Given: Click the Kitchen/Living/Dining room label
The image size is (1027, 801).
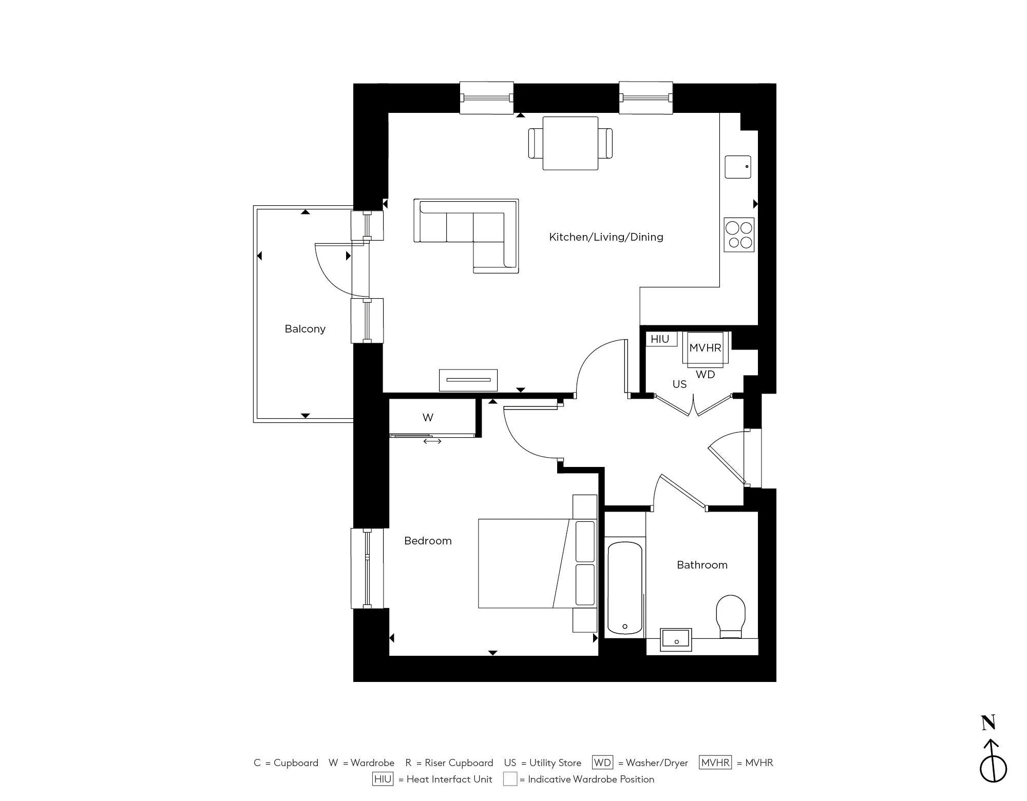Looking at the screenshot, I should point(606,237).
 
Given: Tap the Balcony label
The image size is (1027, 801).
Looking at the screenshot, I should point(305,329).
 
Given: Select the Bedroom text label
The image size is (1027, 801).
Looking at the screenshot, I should point(428,541).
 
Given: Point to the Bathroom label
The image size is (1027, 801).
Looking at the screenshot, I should point(702,565).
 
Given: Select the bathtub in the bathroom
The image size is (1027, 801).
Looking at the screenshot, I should point(624,588).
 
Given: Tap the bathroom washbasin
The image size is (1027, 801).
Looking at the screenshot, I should point(676,639).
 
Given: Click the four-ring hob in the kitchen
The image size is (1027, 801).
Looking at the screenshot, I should point(739,235).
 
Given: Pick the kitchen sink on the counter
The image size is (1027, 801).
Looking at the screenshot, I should point(738,167).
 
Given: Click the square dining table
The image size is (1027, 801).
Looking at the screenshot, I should point(570,143).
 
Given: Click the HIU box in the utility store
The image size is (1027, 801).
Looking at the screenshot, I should point(660,339).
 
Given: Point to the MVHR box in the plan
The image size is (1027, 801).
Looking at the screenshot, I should point(705,348).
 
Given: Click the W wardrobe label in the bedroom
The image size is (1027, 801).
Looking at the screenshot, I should point(428,418).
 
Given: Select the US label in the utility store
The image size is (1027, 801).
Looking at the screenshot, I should point(679,384).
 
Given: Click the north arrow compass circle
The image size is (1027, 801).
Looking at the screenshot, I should point(993,769).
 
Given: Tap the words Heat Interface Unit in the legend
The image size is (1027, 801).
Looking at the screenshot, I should point(449,779).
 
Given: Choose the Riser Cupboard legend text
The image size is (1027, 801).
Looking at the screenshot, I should point(459,763).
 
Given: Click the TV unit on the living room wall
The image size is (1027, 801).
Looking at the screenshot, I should point(468,380).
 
